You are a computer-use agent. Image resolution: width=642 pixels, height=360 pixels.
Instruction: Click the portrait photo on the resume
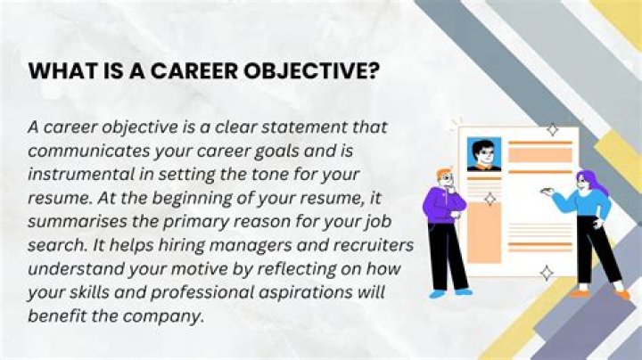point(483,154)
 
